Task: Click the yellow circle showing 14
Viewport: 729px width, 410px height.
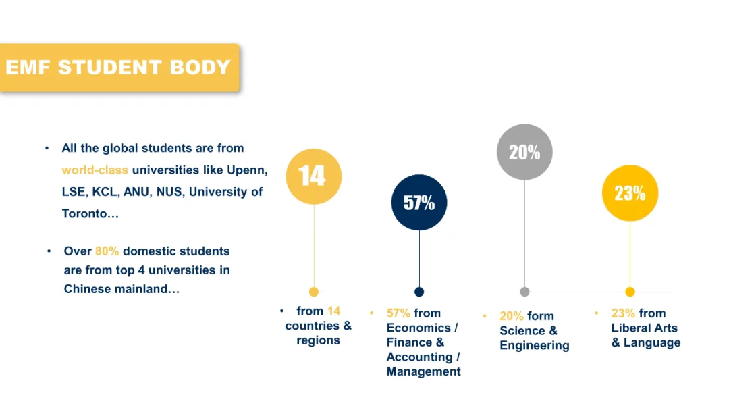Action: (x=314, y=176)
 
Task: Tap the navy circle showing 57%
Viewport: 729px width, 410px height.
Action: (x=419, y=203)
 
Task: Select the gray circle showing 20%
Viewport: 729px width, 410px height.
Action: (x=524, y=152)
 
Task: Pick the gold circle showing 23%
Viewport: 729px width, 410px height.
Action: (x=630, y=193)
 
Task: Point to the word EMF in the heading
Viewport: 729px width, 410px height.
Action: (x=28, y=68)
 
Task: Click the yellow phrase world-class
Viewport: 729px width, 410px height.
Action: (x=95, y=170)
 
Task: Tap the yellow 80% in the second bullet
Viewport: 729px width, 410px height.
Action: (x=107, y=251)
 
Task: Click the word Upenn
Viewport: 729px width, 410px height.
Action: (x=247, y=170)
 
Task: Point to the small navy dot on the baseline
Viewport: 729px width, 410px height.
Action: (x=419, y=292)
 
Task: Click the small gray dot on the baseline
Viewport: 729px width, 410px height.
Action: (x=524, y=292)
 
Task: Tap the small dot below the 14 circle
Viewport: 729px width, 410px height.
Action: (x=314, y=292)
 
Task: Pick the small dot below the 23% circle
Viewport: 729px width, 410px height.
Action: (x=630, y=292)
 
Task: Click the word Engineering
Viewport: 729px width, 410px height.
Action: (x=535, y=346)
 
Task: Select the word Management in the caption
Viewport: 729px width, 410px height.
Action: (x=423, y=371)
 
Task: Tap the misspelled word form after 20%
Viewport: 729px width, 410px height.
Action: (x=540, y=316)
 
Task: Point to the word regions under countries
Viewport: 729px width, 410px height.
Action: (x=319, y=340)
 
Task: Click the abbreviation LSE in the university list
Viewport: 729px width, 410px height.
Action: (x=74, y=192)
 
